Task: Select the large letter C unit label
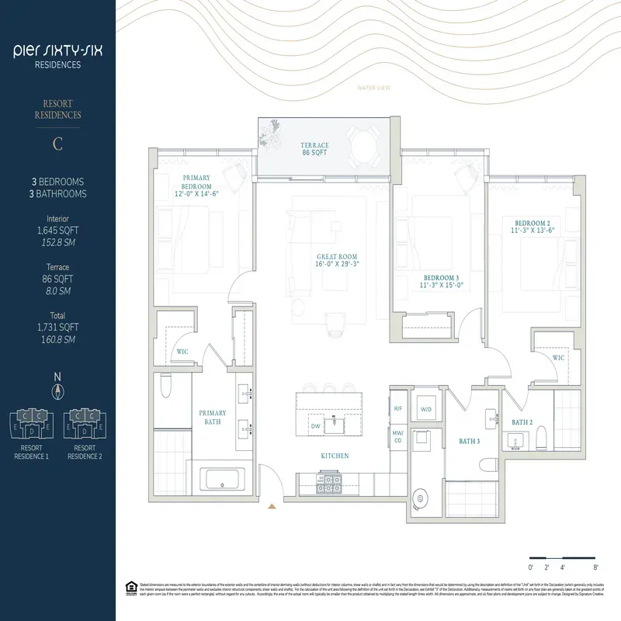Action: (x=57, y=144)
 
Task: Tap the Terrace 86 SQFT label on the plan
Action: (x=315, y=150)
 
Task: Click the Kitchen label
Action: (x=335, y=456)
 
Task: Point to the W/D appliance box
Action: (x=426, y=409)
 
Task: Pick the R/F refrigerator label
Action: (x=398, y=408)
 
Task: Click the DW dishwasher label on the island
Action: (x=315, y=426)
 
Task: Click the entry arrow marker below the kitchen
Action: (x=271, y=507)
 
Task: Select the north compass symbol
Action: (x=57, y=390)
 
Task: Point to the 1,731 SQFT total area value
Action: (x=57, y=327)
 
